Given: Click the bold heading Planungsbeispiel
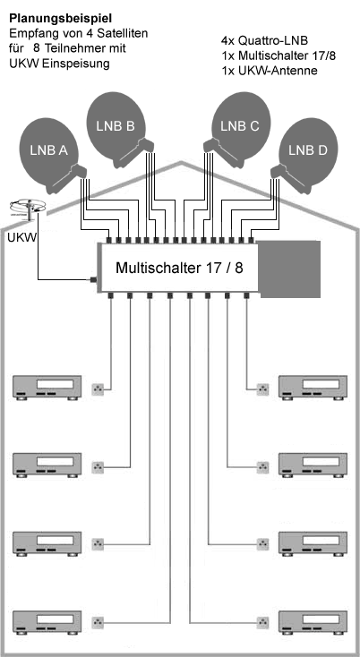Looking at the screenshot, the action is [x=61, y=19].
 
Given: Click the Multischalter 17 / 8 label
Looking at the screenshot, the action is [x=179, y=268].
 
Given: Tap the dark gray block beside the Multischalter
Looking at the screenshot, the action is [x=289, y=269].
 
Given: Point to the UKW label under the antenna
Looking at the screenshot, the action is [x=21, y=237].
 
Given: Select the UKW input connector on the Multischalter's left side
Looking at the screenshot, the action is [x=94, y=279].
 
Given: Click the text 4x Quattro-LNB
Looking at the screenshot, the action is [x=264, y=40].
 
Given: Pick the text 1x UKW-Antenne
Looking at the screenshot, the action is [x=269, y=71].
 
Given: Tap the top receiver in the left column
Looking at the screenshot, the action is [x=47, y=388].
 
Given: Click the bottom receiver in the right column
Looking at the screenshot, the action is [x=313, y=624].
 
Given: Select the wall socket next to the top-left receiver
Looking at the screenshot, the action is [x=98, y=389].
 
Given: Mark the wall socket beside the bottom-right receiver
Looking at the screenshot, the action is [x=262, y=621].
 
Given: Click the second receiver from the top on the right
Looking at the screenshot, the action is [x=313, y=465].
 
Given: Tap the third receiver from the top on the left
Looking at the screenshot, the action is [x=47, y=544].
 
